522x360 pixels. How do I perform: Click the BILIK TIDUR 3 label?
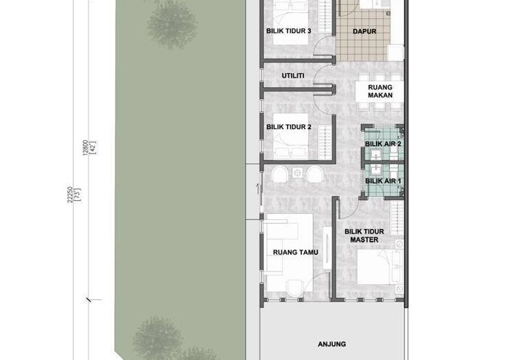point(288,31)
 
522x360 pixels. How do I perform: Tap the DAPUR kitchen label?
point(364,31)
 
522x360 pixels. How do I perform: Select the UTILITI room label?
point(293,76)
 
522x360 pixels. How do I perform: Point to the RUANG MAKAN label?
point(380,91)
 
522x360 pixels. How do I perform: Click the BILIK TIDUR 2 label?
point(288,127)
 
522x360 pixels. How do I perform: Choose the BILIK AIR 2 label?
point(383,143)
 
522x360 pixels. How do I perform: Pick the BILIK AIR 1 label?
point(383,181)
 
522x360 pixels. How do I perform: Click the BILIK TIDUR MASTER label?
point(364,235)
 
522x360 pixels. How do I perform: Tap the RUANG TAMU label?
point(296,252)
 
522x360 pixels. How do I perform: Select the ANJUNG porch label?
point(332,344)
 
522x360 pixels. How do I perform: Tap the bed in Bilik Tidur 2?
point(290,136)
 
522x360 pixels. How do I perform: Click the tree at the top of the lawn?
point(172,24)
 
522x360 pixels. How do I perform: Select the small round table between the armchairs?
point(298,173)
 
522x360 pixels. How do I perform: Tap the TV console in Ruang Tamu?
point(328,248)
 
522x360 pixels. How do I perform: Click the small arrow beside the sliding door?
point(257,188)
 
